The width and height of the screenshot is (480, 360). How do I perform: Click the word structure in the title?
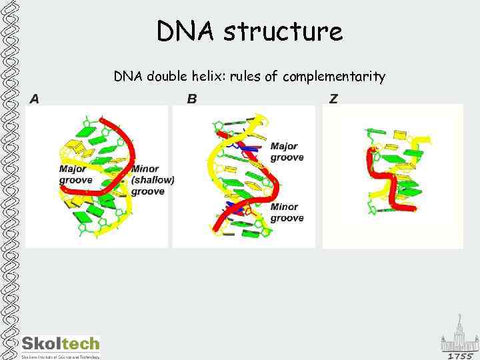284,31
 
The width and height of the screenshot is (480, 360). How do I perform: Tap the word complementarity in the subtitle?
334,77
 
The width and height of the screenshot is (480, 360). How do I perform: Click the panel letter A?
34,99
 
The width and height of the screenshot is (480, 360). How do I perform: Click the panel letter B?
192,99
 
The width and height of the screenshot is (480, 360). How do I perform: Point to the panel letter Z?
333,99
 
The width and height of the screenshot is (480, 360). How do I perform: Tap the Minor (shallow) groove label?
152,180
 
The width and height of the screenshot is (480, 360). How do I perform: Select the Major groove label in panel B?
287,152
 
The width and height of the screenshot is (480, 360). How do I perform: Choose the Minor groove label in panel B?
287,213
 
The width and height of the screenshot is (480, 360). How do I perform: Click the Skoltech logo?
61,345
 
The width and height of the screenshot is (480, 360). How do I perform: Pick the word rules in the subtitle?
245,77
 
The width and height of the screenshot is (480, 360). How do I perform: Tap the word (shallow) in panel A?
153,180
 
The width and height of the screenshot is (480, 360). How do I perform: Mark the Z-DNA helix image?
392,175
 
